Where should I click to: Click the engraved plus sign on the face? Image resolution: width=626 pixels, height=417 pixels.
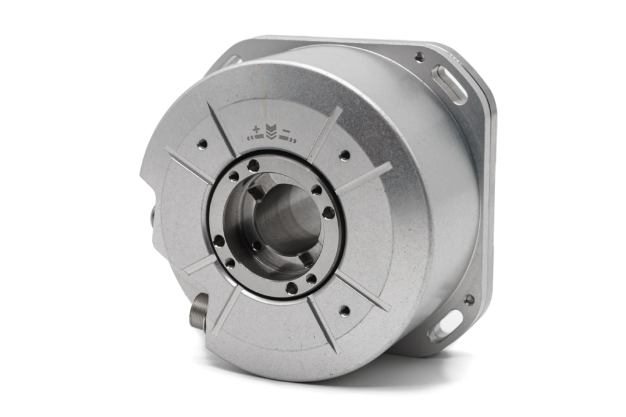point(256,129)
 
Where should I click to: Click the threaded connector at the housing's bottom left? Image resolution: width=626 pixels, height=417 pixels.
point(199,311)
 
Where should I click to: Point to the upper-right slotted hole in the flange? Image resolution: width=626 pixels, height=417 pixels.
point(449,84)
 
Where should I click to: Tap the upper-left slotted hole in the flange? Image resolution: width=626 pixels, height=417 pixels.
point(231,62)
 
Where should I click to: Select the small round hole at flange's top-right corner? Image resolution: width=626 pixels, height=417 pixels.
point(419,57)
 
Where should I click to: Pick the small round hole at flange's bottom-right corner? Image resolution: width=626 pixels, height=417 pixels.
point(469,300)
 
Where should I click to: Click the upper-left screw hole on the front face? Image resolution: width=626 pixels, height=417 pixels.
point(202,144)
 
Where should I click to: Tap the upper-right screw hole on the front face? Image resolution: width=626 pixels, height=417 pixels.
point(345,155)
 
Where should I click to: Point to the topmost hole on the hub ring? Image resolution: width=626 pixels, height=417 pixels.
point(253,165)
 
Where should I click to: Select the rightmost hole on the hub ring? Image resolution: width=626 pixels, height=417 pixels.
point(329,212)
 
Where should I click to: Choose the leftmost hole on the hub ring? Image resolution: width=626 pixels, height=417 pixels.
point(219,241)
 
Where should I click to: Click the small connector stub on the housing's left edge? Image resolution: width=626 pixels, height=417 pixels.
point(150,217)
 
